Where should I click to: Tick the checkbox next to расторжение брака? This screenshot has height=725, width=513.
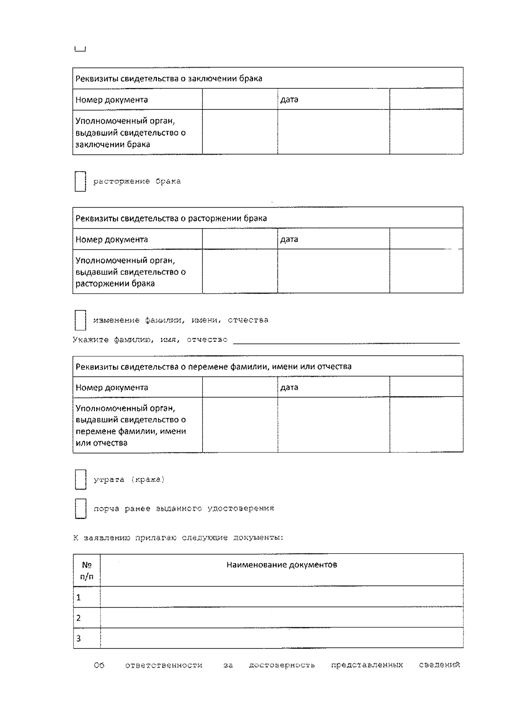[x=80, y=182]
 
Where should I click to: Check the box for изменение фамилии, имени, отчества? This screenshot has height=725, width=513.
[x=80, y=320]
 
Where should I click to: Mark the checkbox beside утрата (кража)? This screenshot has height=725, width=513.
[x=80, y=480]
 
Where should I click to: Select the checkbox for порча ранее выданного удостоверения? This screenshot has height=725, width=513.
[x=80, y=508]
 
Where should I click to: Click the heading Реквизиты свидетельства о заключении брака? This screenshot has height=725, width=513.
[x=169, y=79]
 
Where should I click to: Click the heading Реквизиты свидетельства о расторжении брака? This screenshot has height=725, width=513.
[x=171, y=218]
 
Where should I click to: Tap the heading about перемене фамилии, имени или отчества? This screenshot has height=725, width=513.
[x=213, y=367]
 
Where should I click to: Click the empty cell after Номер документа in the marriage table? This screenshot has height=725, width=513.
[x=240, y=100]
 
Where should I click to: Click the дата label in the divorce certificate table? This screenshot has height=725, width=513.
[x=289, y=239]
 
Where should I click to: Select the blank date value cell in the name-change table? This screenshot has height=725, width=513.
[x=426, y=387]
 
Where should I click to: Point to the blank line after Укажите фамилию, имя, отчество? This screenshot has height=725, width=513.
[x=346, y=340]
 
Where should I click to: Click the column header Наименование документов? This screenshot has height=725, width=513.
[x=282, y=565]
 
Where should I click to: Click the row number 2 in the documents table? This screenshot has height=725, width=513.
[x=79, y=618]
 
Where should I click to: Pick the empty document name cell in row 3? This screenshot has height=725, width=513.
[x=282, y=638]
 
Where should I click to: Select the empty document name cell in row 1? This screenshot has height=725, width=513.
[x=282, y=597]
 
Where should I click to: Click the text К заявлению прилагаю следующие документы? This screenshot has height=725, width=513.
[x=178, y=538]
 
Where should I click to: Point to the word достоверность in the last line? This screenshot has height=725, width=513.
[x=282, y=665]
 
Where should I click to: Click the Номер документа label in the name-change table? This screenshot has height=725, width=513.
[x=112, y=387]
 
